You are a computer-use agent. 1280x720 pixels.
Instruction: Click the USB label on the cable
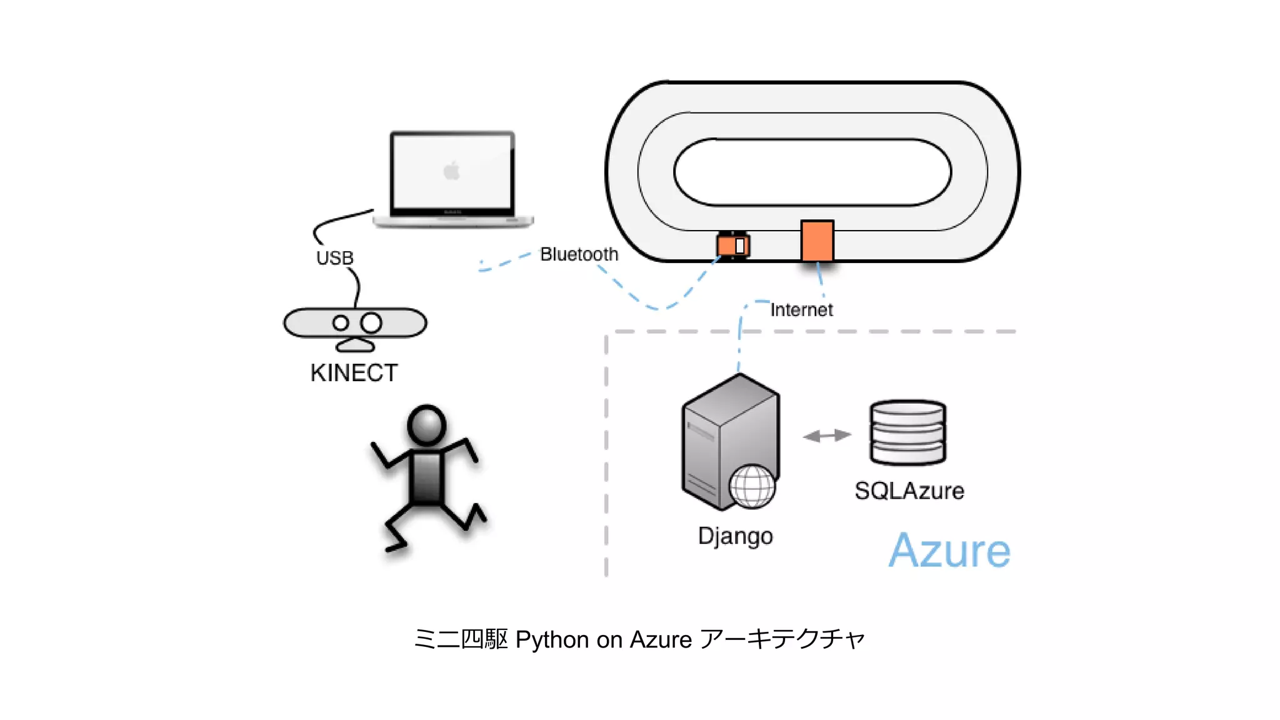point(334,257)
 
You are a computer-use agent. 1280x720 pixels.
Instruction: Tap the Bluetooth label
point(579,254)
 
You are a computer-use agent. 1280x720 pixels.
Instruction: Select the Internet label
point(801,309)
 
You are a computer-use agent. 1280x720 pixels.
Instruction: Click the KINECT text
point(354,373)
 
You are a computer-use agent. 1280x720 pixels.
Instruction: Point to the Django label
point(735,536)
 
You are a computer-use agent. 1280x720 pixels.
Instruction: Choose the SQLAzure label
point(909,491)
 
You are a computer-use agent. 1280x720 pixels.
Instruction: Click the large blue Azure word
point(949,551)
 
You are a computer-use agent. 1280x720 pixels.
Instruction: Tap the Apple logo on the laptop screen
point(451,170)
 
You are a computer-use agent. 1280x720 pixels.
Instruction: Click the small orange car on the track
point(732,245)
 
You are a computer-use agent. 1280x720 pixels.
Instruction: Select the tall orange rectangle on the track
point(817,241)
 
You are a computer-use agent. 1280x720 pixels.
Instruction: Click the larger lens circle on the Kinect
point(371,322)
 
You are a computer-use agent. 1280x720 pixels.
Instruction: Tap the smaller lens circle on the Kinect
point(341,323)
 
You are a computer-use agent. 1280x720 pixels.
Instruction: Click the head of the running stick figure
point(426,426)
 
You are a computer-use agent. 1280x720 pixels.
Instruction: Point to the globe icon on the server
point(752,486)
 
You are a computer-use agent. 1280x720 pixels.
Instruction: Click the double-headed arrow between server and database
point(827,435)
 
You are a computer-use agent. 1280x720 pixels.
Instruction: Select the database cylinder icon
point(907,432)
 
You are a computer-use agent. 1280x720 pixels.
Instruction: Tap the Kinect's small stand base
point(355,345)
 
